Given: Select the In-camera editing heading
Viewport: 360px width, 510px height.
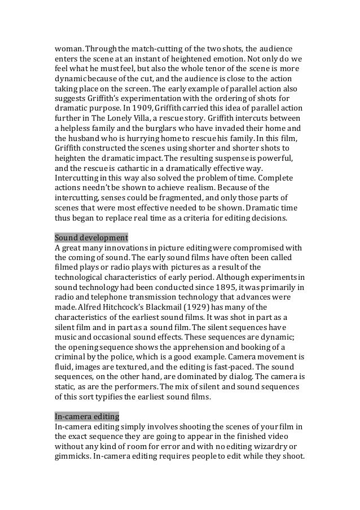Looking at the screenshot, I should [86, 416].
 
